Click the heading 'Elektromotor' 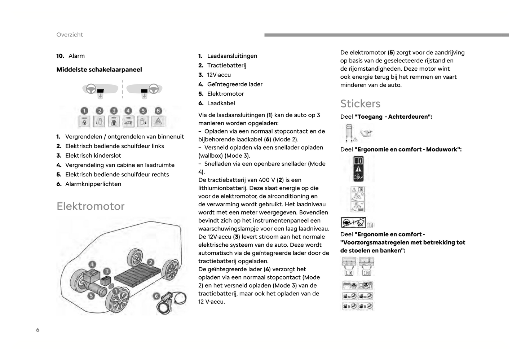coord(90,206)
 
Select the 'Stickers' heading coord(360,104)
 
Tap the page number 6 coord(37,330)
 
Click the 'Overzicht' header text coord(70,35)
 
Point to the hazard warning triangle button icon coord(158,122)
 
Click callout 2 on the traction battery coord(150,262)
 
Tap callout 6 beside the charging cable coord(156,296)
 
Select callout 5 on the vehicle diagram coord(91,296)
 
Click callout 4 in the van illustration coord(92,264)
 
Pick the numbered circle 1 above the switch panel coord(84,111)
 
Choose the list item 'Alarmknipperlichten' coord(93,184)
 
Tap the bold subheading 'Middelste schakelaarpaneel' coord(99,70)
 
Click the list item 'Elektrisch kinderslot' coord(93,155)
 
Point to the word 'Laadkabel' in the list coord(221,103)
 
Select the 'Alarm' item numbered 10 coord(76,56)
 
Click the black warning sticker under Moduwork coord(358,169)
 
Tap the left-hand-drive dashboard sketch coord(100,89)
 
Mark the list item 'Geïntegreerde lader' coord(235,84)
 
